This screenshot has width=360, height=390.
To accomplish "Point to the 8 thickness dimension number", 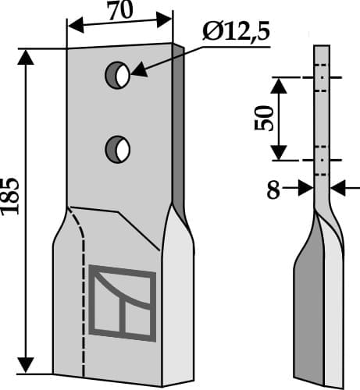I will click(273, 190).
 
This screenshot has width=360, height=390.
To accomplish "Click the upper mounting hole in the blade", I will click(118, 75).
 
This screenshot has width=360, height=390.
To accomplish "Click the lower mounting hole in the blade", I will click(119, 148).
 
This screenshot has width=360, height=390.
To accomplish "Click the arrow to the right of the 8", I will click(305, 188).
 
